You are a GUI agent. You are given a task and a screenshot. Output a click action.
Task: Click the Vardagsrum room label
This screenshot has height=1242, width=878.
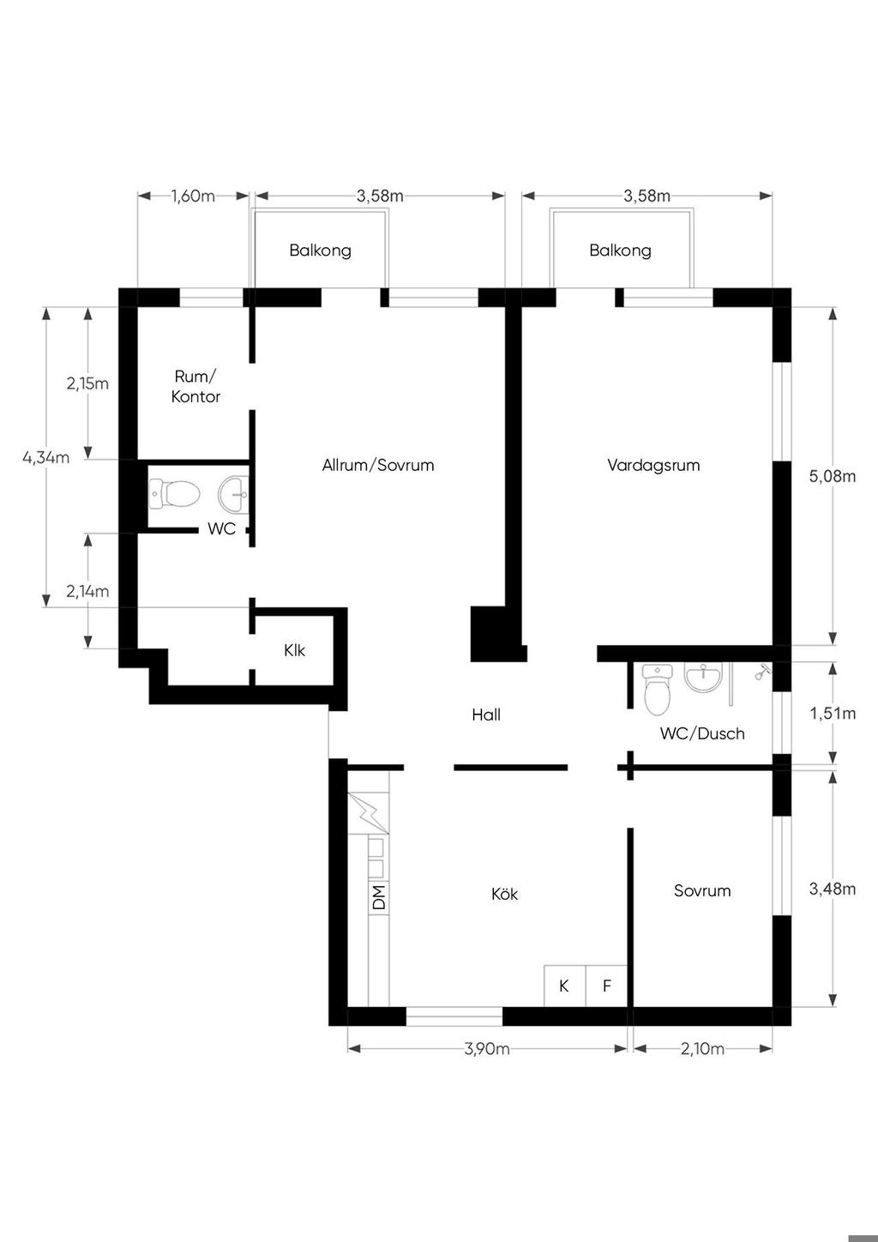653,465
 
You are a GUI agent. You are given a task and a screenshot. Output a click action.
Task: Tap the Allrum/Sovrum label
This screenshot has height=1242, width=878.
378,465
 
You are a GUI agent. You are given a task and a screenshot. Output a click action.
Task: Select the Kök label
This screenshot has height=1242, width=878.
504,894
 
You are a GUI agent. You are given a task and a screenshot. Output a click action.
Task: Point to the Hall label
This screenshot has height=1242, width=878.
486,714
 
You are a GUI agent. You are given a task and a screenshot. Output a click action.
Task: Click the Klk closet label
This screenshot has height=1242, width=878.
294,650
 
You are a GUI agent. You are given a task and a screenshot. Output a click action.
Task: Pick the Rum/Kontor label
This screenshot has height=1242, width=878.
195,387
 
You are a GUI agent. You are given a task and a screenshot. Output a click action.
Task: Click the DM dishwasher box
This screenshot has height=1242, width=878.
379,898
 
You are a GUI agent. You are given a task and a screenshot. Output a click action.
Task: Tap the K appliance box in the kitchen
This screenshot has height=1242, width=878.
564,986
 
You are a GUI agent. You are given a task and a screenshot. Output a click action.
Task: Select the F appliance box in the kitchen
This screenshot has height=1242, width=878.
606,986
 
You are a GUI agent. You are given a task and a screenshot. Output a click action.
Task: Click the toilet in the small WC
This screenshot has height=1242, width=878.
174,493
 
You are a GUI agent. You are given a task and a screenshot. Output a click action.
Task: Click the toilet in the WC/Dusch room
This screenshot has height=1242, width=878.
658,690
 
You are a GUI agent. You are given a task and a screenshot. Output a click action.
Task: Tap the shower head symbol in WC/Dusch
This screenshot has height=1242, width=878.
763,673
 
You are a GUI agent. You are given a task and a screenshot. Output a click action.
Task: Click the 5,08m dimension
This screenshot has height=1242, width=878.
832,476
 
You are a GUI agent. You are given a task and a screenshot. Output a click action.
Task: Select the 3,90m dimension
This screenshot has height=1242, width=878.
487,1048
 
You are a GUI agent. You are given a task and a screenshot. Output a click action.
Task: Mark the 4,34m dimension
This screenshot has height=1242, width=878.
46,457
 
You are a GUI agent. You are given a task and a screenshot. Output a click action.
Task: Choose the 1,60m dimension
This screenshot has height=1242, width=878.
193,196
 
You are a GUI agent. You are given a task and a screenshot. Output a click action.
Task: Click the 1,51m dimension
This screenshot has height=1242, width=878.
833,714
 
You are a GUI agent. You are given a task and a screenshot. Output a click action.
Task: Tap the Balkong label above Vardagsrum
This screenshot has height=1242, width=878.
620,250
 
